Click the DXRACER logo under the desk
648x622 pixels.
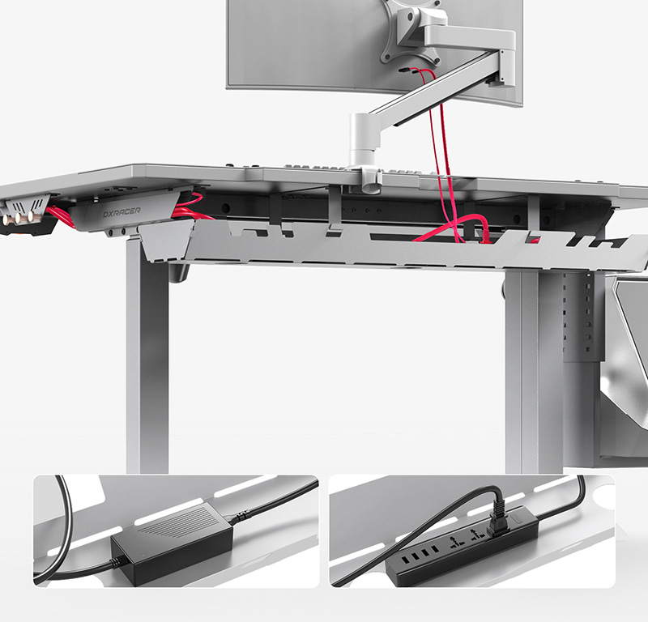pyautogui.click(x=122, y=212)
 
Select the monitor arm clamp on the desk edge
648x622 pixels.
pyautogui.click(x=370, y=179)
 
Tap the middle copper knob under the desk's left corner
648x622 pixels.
pyautogui.click(x=19, y=217)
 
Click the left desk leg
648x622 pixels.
pyautogui.click(x=147, y=356)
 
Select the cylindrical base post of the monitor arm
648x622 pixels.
pyautogui.click(x=362, y=141)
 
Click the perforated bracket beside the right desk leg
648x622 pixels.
pyautogui.click(x=578, y=318)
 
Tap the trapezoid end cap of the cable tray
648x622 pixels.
pyautogui.click(x=165, y=242)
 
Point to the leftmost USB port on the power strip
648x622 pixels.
pyautogui.click(x=404, y=561)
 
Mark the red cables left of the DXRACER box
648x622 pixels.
pyautogui.click(x=60, y=216)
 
